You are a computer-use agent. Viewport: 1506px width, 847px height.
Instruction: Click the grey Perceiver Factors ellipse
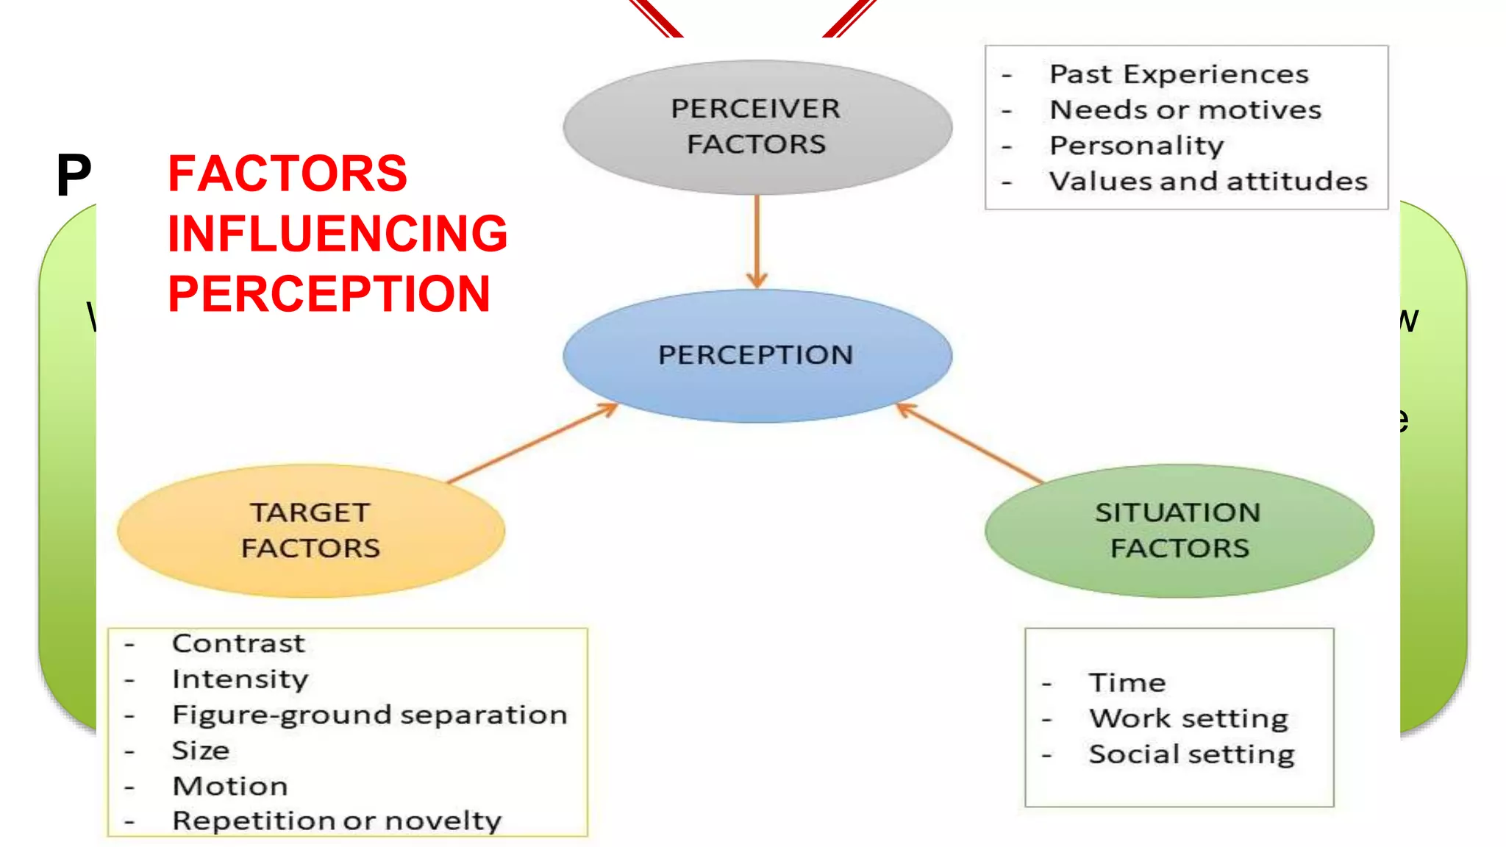(x=757, y=126)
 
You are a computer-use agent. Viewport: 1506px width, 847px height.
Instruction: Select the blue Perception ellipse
(x=757, y=355)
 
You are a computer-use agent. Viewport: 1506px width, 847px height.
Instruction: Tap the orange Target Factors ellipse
(x=310, y=530)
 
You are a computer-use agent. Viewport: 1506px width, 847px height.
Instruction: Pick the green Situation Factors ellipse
(x=1179, y=530)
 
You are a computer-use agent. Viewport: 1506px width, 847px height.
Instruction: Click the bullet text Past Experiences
(x=1179, y=74)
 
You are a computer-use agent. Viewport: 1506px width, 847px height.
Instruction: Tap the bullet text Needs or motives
(x=1185, y=110)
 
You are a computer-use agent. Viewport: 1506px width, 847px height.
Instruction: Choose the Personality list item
(x=1136, y=146)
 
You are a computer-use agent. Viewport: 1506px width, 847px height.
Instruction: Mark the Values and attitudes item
(x=1208, y=181)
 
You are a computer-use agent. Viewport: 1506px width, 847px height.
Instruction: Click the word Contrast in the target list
(x=238, y=643)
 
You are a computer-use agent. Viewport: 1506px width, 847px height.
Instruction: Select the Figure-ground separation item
(x=370, y=715)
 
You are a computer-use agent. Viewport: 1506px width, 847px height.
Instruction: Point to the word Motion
(x=230, y=786)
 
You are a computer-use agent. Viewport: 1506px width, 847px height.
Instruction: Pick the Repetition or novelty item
(x=337, y=821)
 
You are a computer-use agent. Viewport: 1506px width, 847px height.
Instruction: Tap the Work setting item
(x=1188, y=718)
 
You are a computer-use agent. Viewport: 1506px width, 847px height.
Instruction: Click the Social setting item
(x=1191, y=754)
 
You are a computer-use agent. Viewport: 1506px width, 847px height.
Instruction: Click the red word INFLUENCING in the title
(x=338, y=234)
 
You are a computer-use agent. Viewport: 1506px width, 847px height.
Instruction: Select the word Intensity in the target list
(x=240, y=679)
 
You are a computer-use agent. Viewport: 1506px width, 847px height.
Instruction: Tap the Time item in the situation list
(x=1127, y=683)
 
